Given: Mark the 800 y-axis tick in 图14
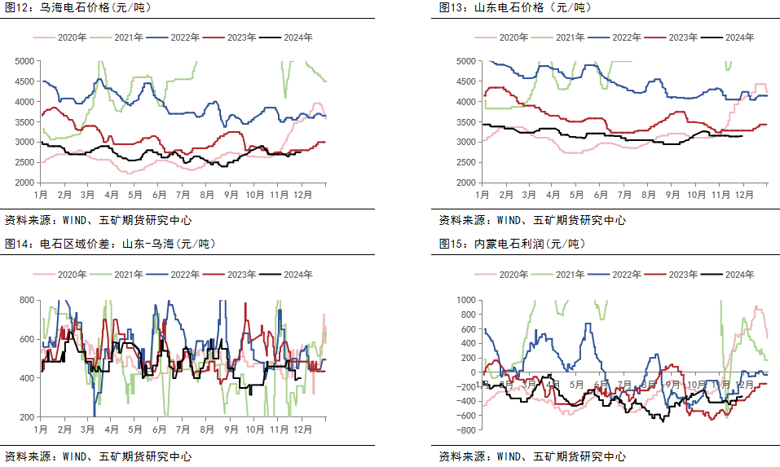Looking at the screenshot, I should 27,301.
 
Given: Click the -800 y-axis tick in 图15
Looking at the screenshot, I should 465,430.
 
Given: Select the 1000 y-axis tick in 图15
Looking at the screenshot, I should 465,301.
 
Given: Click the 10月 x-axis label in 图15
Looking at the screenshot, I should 696,384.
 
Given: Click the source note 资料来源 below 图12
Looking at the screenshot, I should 99,219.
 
